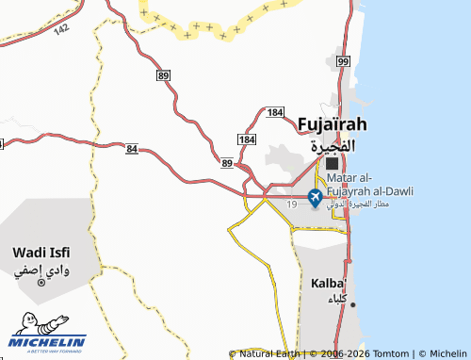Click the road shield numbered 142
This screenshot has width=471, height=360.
(x=61, y=30)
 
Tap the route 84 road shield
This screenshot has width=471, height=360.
(x=131, y=149)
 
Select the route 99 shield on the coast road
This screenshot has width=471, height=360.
(x=342, y=61)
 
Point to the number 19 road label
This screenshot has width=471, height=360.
(x=292, y=204)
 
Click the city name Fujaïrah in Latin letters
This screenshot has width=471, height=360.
(x=331, y=123)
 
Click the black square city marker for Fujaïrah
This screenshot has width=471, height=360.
(x=332, y=163)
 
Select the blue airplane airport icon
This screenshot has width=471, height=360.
(x=315, y=196)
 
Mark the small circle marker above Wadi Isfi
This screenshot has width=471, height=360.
(x=41, y=283)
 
